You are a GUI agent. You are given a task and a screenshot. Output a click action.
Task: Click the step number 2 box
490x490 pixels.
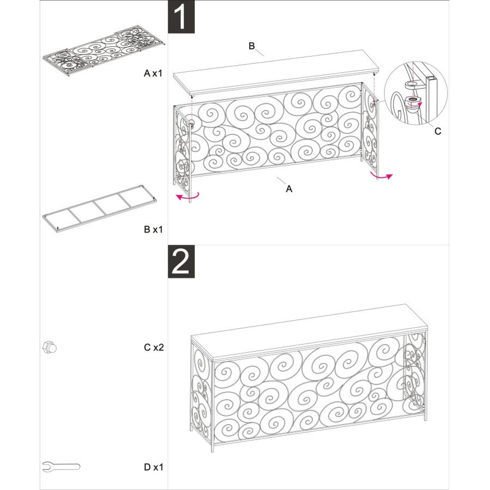(181, 262)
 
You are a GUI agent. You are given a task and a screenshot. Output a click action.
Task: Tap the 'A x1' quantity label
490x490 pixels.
(153, 73)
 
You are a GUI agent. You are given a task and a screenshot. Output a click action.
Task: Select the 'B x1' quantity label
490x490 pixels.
(153, 229)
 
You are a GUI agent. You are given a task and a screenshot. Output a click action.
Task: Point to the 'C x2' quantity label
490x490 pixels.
(154, 347)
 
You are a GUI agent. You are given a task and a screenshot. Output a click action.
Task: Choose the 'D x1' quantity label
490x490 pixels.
(153, 456)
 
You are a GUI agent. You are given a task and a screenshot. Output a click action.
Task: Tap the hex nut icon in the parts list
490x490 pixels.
(49, 348)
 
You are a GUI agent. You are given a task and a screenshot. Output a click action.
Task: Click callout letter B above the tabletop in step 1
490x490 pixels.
(252, 46)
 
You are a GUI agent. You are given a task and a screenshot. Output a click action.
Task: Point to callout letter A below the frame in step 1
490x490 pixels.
(289, 189)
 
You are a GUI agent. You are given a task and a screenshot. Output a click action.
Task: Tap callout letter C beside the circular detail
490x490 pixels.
(437, 131)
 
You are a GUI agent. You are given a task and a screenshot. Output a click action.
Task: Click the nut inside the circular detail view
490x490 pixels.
(413, 100)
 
